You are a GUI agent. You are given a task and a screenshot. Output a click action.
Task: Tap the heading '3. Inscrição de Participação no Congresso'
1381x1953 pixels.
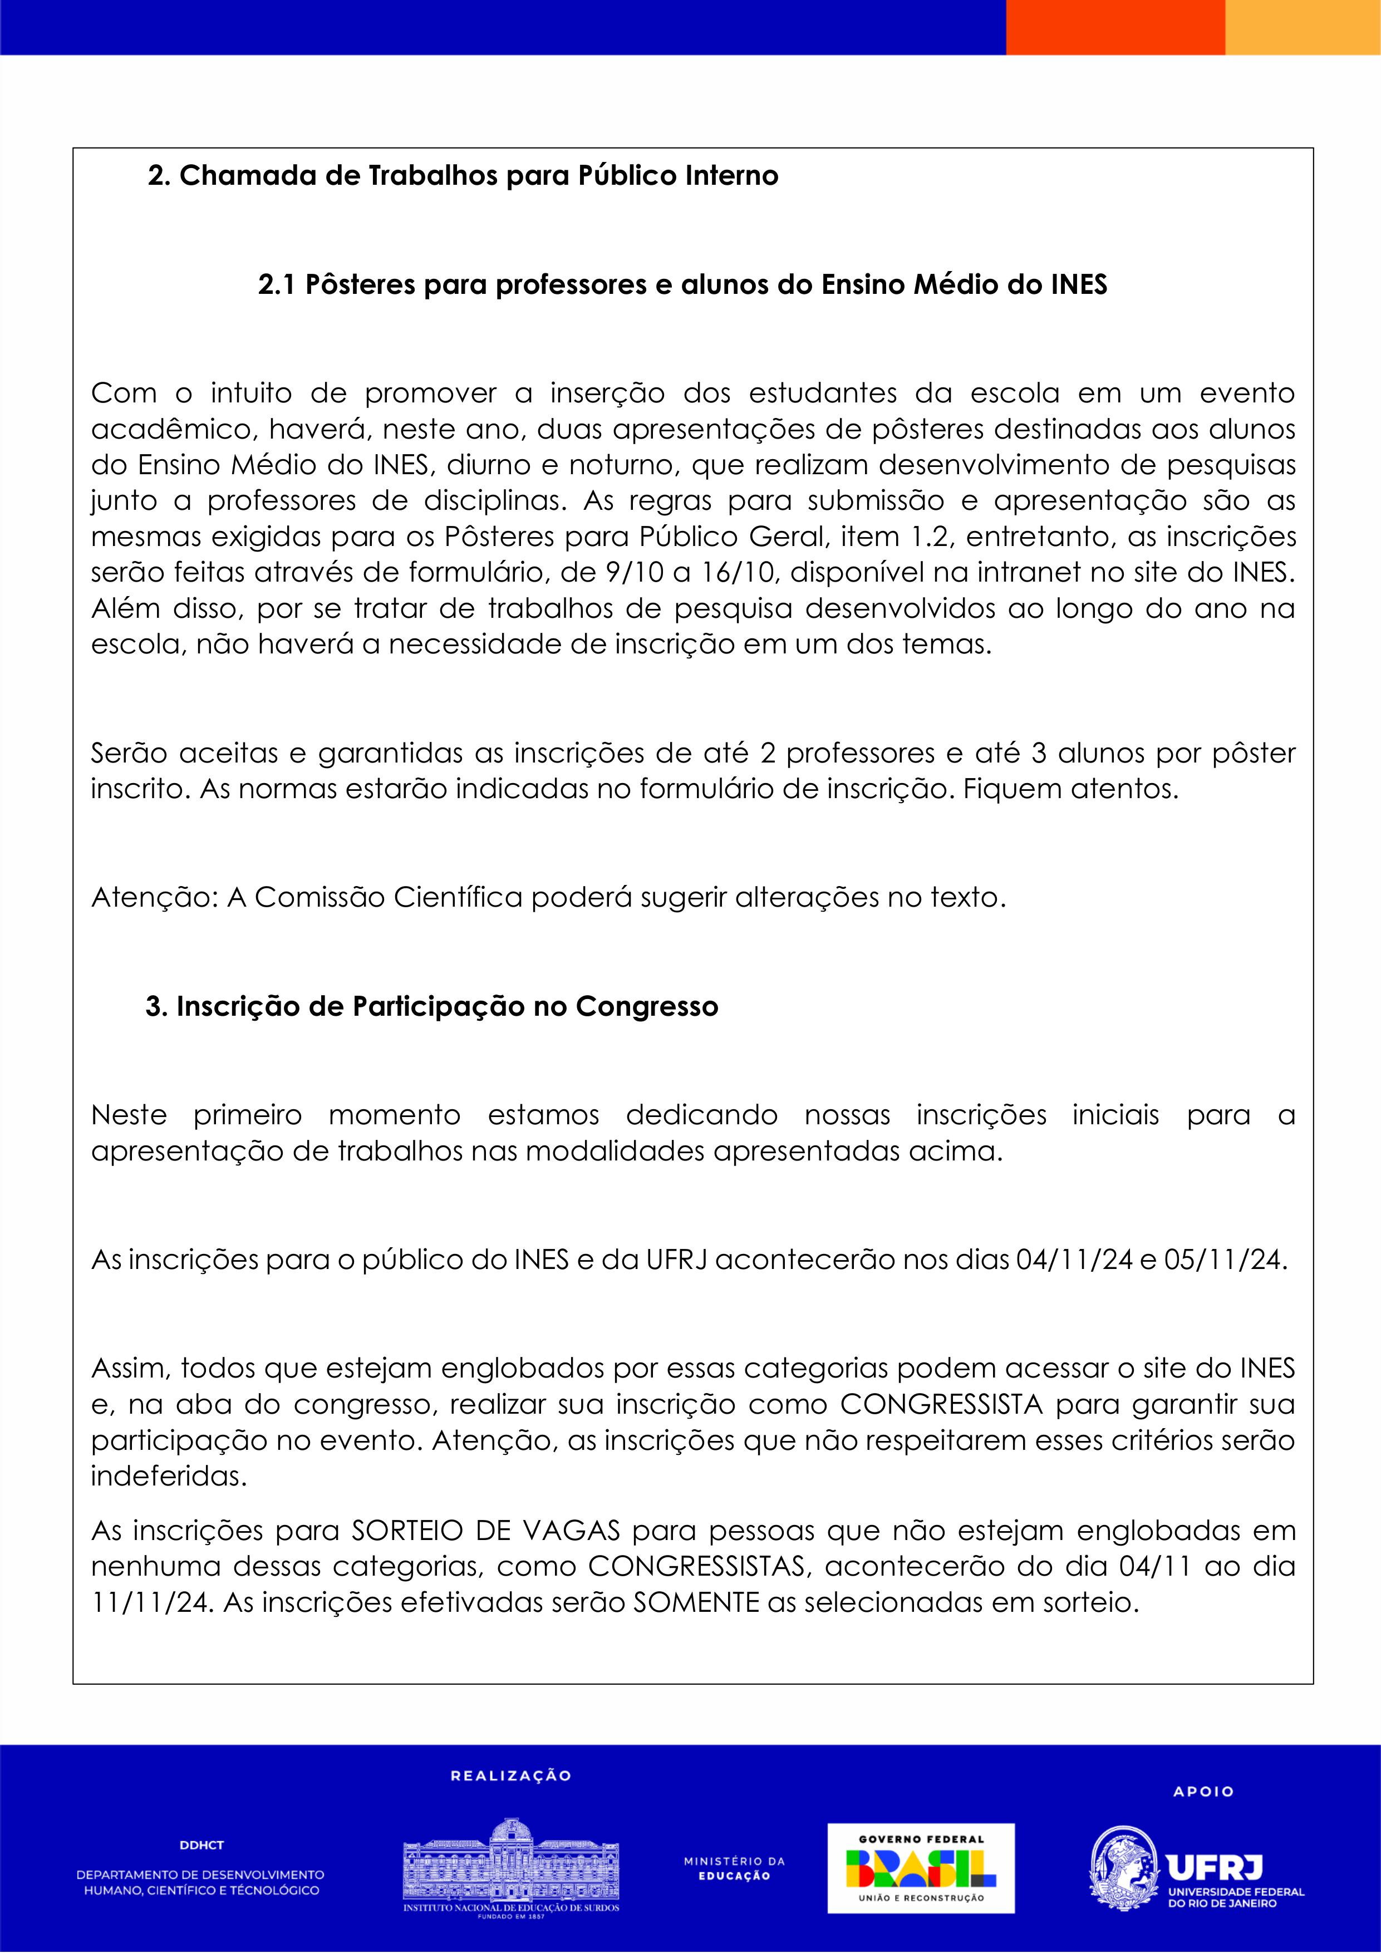pos(431,1006)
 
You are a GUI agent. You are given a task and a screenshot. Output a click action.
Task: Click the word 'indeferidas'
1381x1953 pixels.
pos(169,1476)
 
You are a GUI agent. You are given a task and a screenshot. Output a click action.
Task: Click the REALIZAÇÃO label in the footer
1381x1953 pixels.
pos(510,1776)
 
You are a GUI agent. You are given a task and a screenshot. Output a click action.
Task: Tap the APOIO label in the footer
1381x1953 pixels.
pos(1203,1792)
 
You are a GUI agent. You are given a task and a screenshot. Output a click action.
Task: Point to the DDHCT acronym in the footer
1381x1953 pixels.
pos(201,1845)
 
